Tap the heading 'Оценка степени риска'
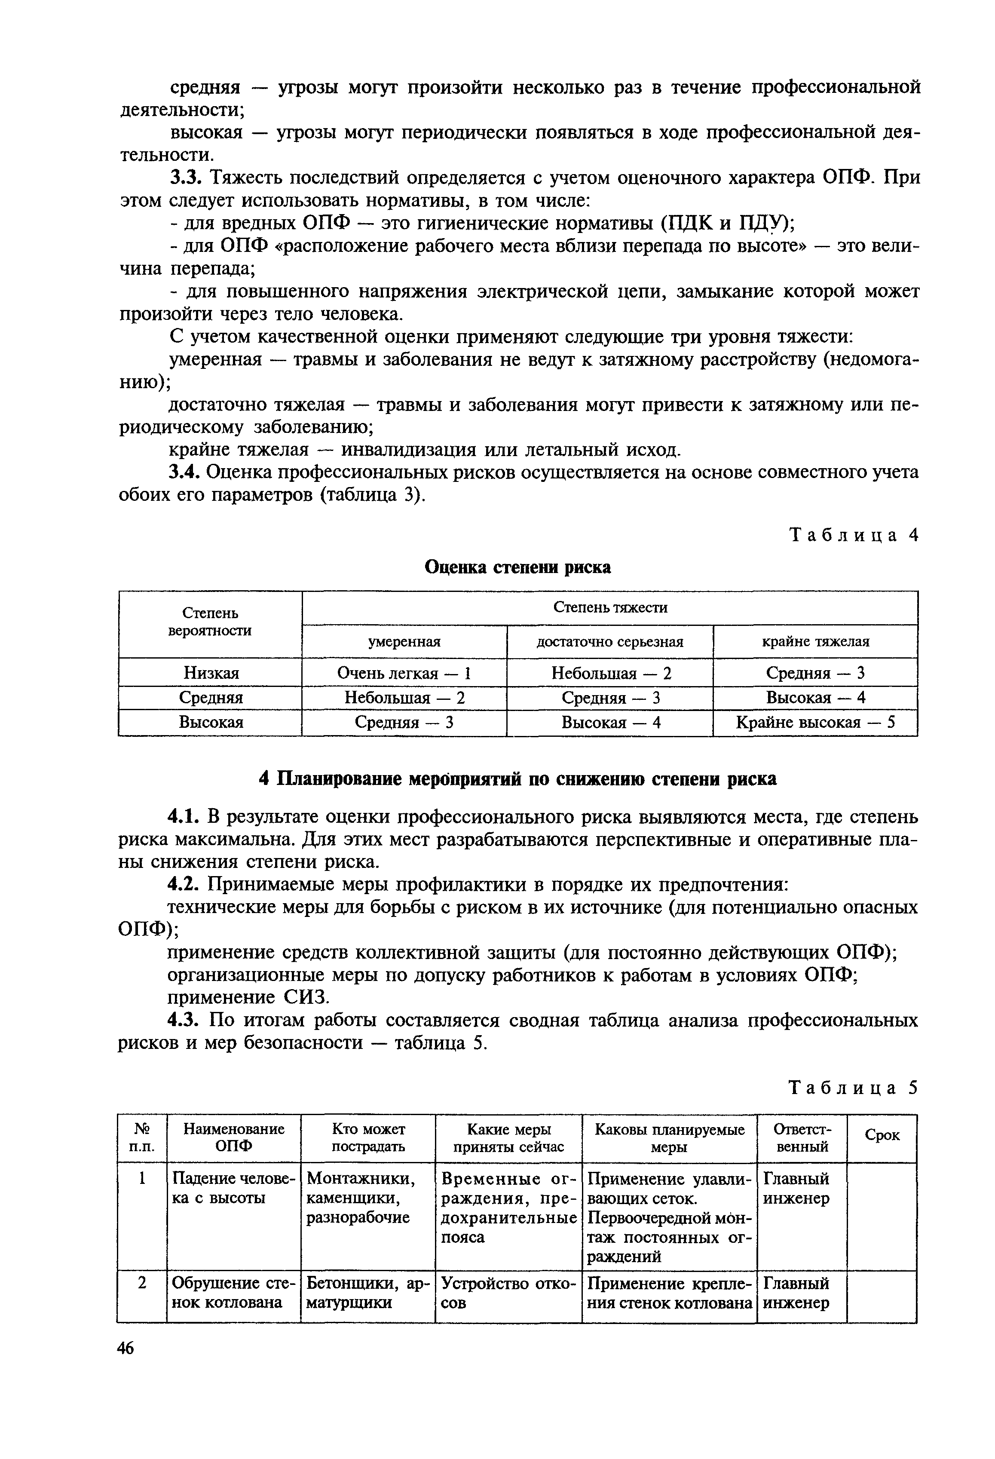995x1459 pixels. click(518, 567)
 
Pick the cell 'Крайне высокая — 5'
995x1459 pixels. click(815, 723)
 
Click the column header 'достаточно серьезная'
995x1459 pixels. click(609, 642)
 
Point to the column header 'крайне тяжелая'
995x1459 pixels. click(815, 642)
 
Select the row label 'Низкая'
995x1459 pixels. click(211, 673)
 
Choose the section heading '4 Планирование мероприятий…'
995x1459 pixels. click(518, 779)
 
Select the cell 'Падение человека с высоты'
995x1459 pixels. click(233, 1189)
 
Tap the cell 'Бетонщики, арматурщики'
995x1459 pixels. click(367, 1293)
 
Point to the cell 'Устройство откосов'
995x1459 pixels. click(508, 1293)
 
